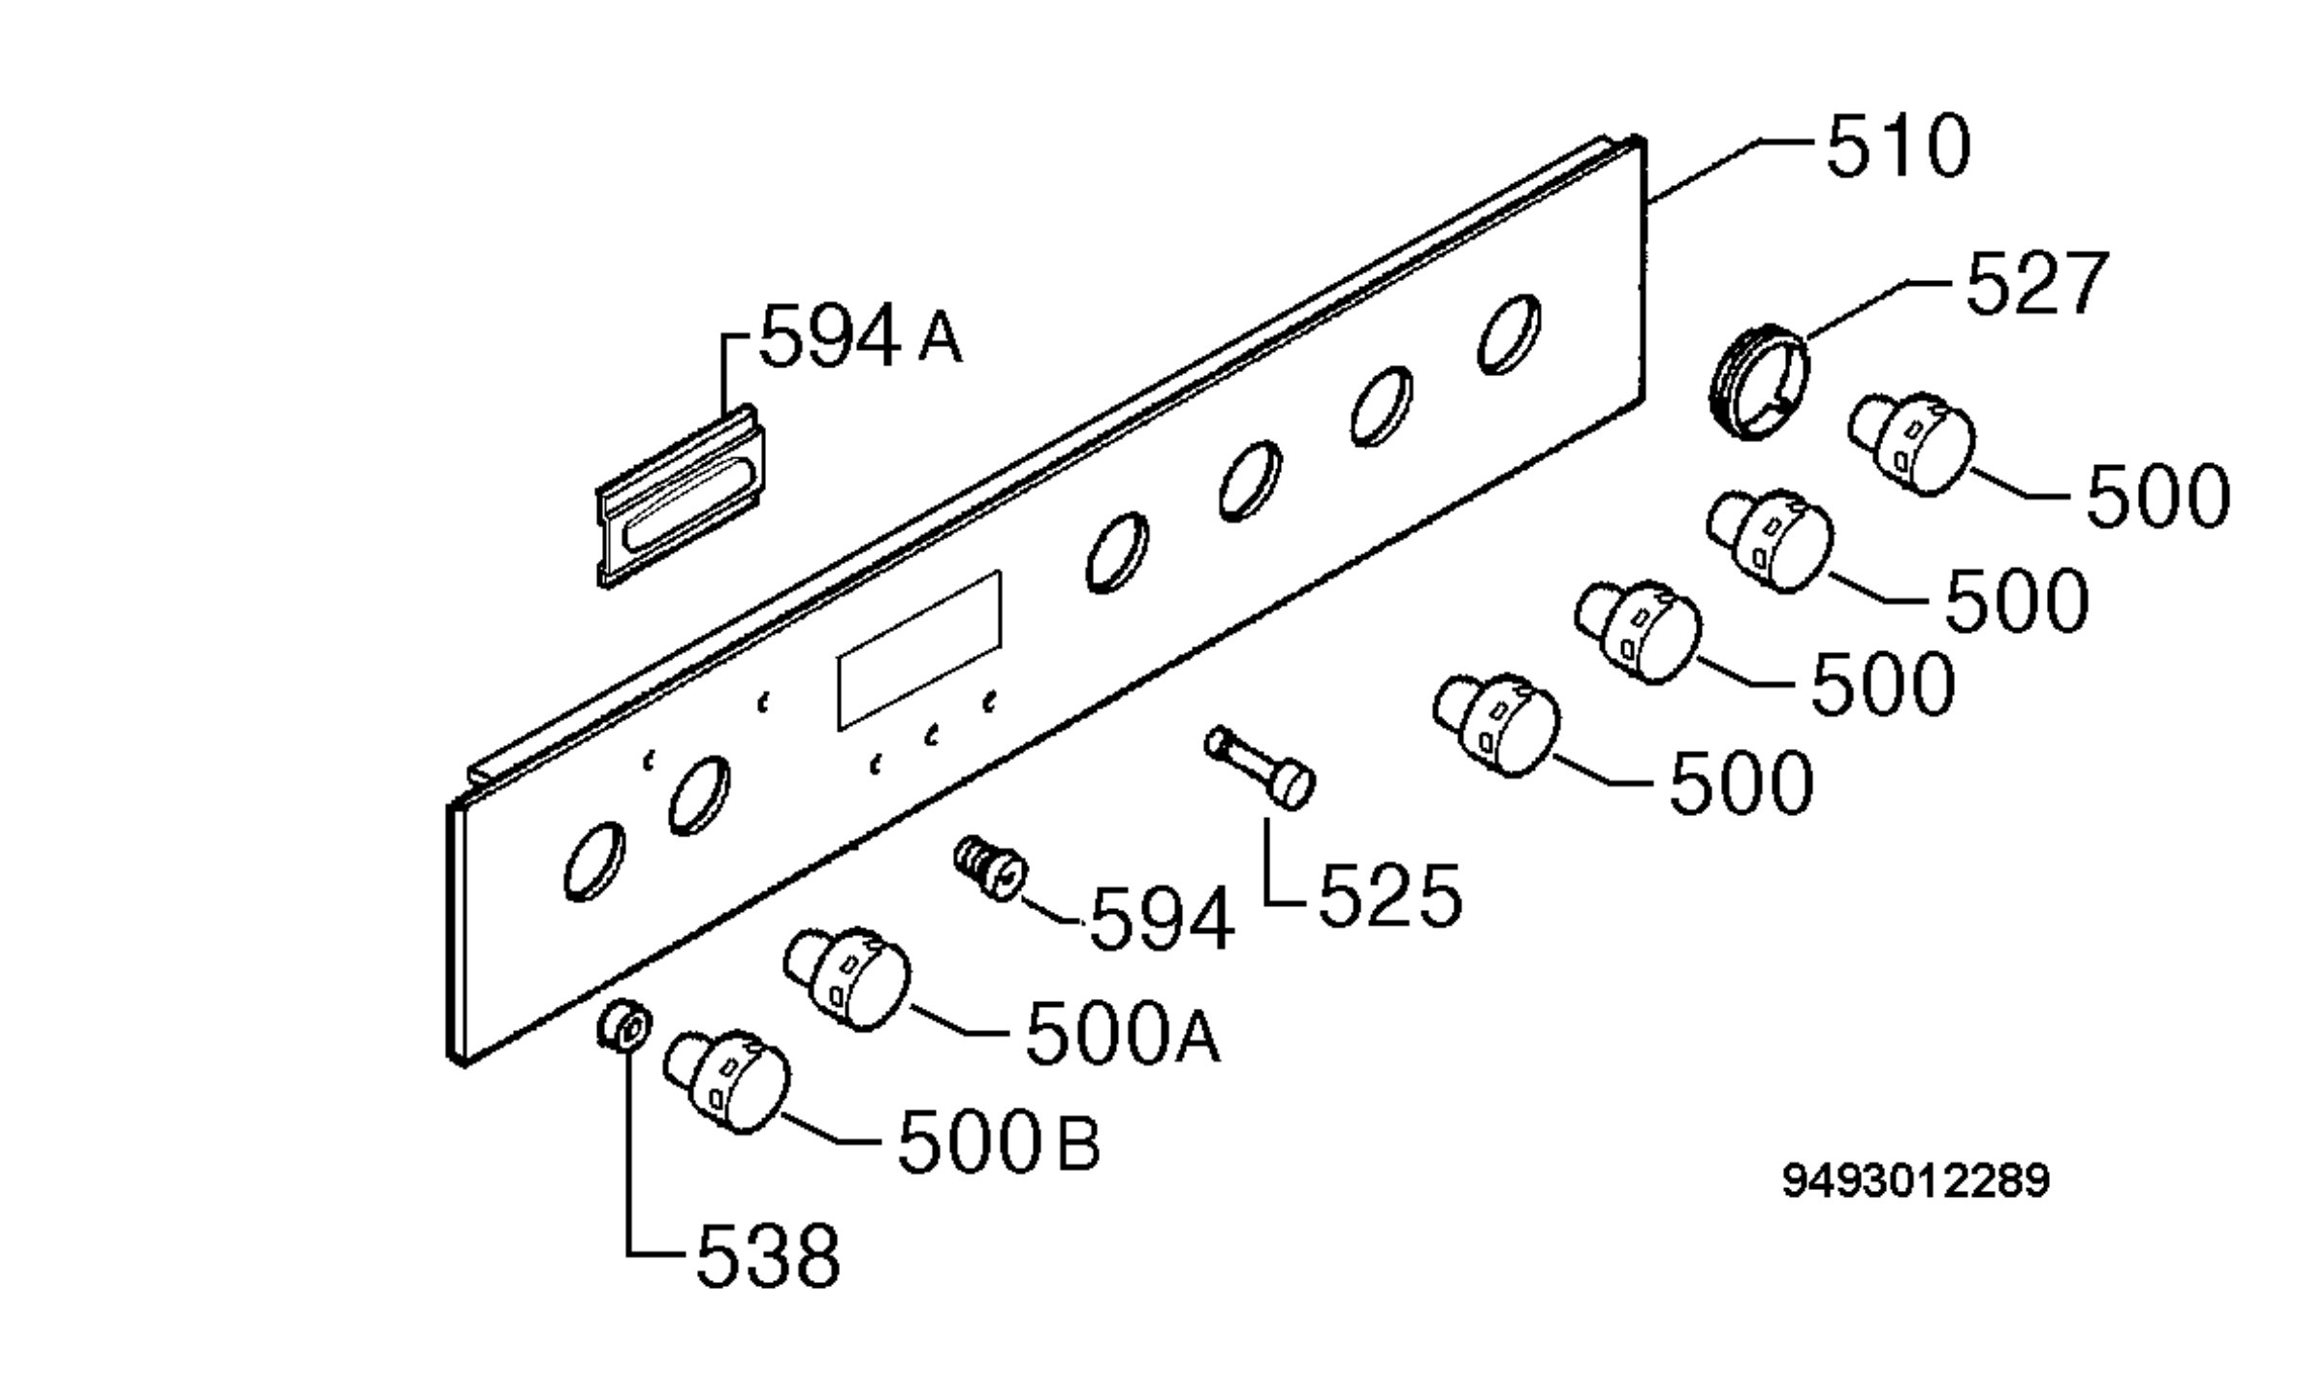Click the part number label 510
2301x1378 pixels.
(1898, 147)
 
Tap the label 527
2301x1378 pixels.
(2036, 283)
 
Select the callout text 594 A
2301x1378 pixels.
(860, 335)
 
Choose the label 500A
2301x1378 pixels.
(1123, 1032)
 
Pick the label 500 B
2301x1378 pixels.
(998, 1140)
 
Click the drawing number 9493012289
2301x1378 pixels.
(1916, 1180)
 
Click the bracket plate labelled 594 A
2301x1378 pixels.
(681, 496)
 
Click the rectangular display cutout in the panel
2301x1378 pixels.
(919, 650)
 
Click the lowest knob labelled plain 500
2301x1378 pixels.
(1496, 724)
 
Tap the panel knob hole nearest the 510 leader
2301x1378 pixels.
(1509, 333)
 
